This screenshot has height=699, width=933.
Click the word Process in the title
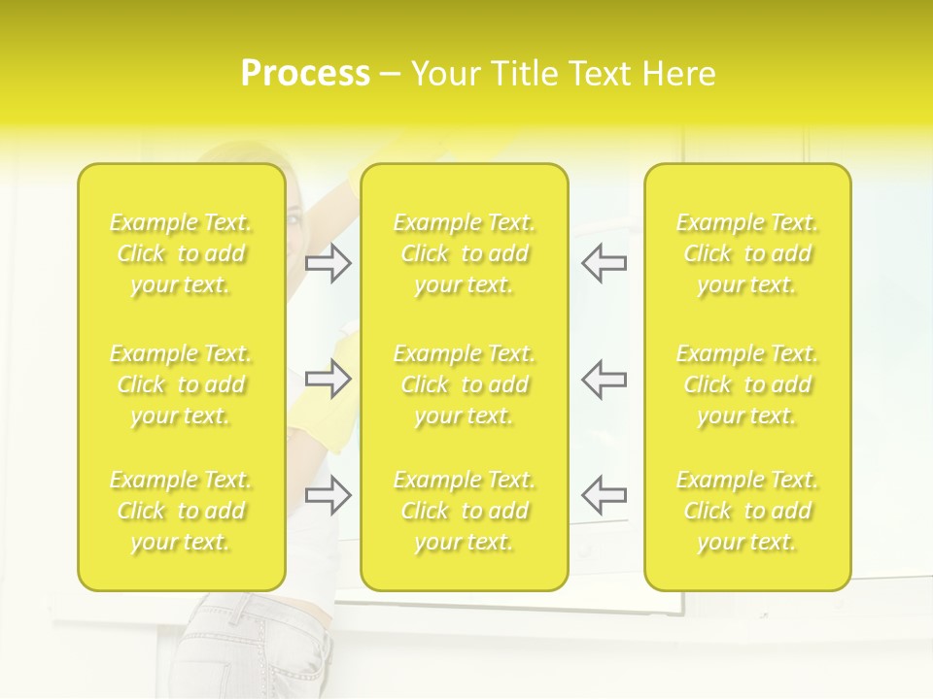pos(305,74)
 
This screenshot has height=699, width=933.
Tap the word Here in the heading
pos(679,74)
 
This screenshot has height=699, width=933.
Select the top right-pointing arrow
pos(328,263)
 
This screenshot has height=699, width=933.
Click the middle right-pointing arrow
pos(328,379)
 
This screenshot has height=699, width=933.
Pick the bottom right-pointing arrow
pos(328,494)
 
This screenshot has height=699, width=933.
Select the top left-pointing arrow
pos(605,263)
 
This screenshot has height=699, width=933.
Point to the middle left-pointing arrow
pos(605,379)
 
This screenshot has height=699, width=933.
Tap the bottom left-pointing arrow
pos(605,494)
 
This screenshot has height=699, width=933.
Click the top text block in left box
pos(181,253)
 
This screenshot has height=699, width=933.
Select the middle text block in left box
pos(181,384)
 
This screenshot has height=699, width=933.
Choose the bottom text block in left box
pos(181,511)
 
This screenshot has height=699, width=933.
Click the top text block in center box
pos(465,253)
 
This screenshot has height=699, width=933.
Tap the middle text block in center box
pos(465,384)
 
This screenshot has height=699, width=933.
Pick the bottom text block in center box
pos(465,511)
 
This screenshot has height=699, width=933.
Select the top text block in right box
pos(747,253)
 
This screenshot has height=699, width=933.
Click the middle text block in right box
pos(747,384)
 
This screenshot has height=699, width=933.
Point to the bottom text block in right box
pos(747,511)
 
